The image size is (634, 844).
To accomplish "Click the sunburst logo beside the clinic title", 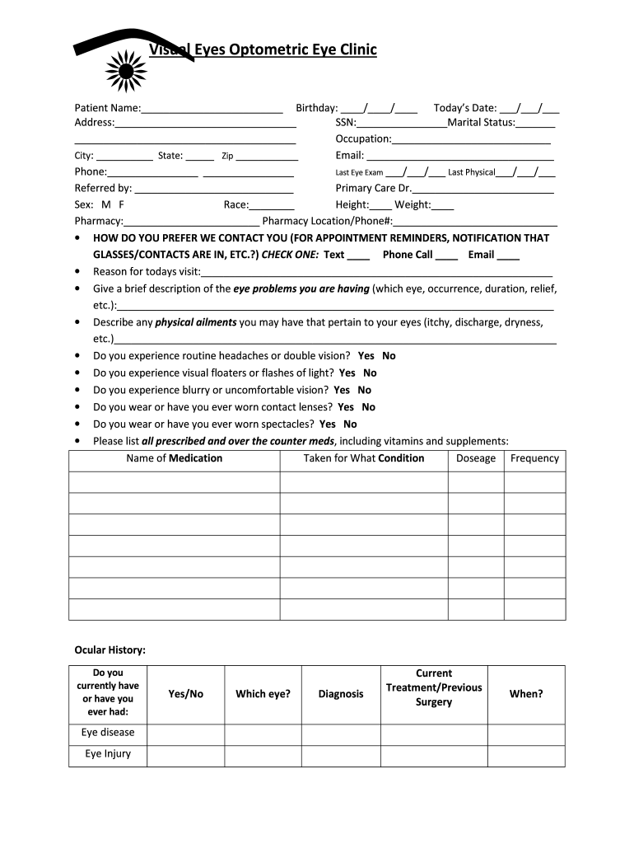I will (x=125, y=69).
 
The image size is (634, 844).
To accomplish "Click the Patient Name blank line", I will (x=212, y=109).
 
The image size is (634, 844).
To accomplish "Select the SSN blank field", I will (x=402, y=124).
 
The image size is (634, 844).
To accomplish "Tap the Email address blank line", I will (x=459, y=157).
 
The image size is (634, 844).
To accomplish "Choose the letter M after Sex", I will (x=105, y=204).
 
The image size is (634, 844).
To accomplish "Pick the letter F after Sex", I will (x=122, y=204).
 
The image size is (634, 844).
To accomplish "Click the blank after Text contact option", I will (x=358, y=256).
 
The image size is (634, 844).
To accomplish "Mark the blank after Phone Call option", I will (x=446, y=256).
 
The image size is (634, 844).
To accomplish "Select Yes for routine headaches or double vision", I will (x=366, y=356).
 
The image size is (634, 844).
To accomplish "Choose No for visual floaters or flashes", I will (x=370, y=373).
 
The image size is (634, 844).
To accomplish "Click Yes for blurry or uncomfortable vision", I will (x=342, y=391).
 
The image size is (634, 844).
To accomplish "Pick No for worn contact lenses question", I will (x=368, y=407).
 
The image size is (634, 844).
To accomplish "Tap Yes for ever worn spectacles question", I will (x=327, y=424).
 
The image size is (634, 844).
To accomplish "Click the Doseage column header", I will (x=476, y=458).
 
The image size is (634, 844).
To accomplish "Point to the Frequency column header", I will (x=534, y=458).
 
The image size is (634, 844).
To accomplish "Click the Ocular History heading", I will (x=110, y=650).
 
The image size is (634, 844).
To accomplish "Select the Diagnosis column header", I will (x=341, y=694).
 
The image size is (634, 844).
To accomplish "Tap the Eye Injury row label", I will (x=108, y=754).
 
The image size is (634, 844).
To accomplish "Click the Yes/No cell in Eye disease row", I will (x=185, y=734).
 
